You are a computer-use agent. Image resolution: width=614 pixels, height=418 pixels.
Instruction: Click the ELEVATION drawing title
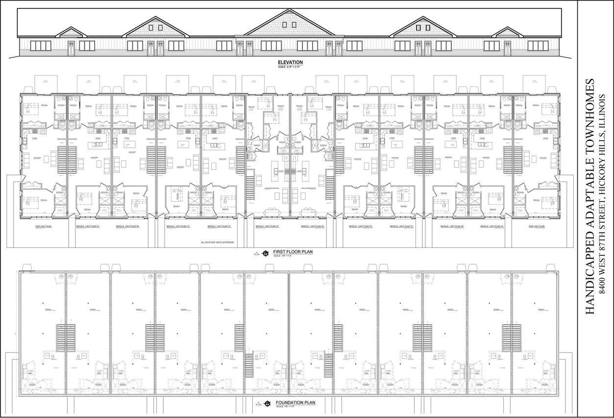pyautogui.click(x=290, y=62)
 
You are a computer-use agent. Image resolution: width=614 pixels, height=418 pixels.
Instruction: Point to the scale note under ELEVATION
pyautogui.click(x=290, y=66)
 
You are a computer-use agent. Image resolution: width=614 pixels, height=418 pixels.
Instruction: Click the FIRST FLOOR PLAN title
pyautogui.click(x=293, y=252)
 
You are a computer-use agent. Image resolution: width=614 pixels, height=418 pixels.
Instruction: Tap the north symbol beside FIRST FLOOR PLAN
pyautogui.click(x=265, y=253)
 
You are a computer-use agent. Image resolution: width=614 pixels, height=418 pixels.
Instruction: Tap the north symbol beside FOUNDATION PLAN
pyautogui.click(x=267, y=404)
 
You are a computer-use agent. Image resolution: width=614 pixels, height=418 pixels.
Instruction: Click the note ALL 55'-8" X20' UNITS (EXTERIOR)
pyautogui.click(x=218, y=243)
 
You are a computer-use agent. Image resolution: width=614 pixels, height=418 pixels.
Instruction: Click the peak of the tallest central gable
pyautogui.click(x=290, y=9)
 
